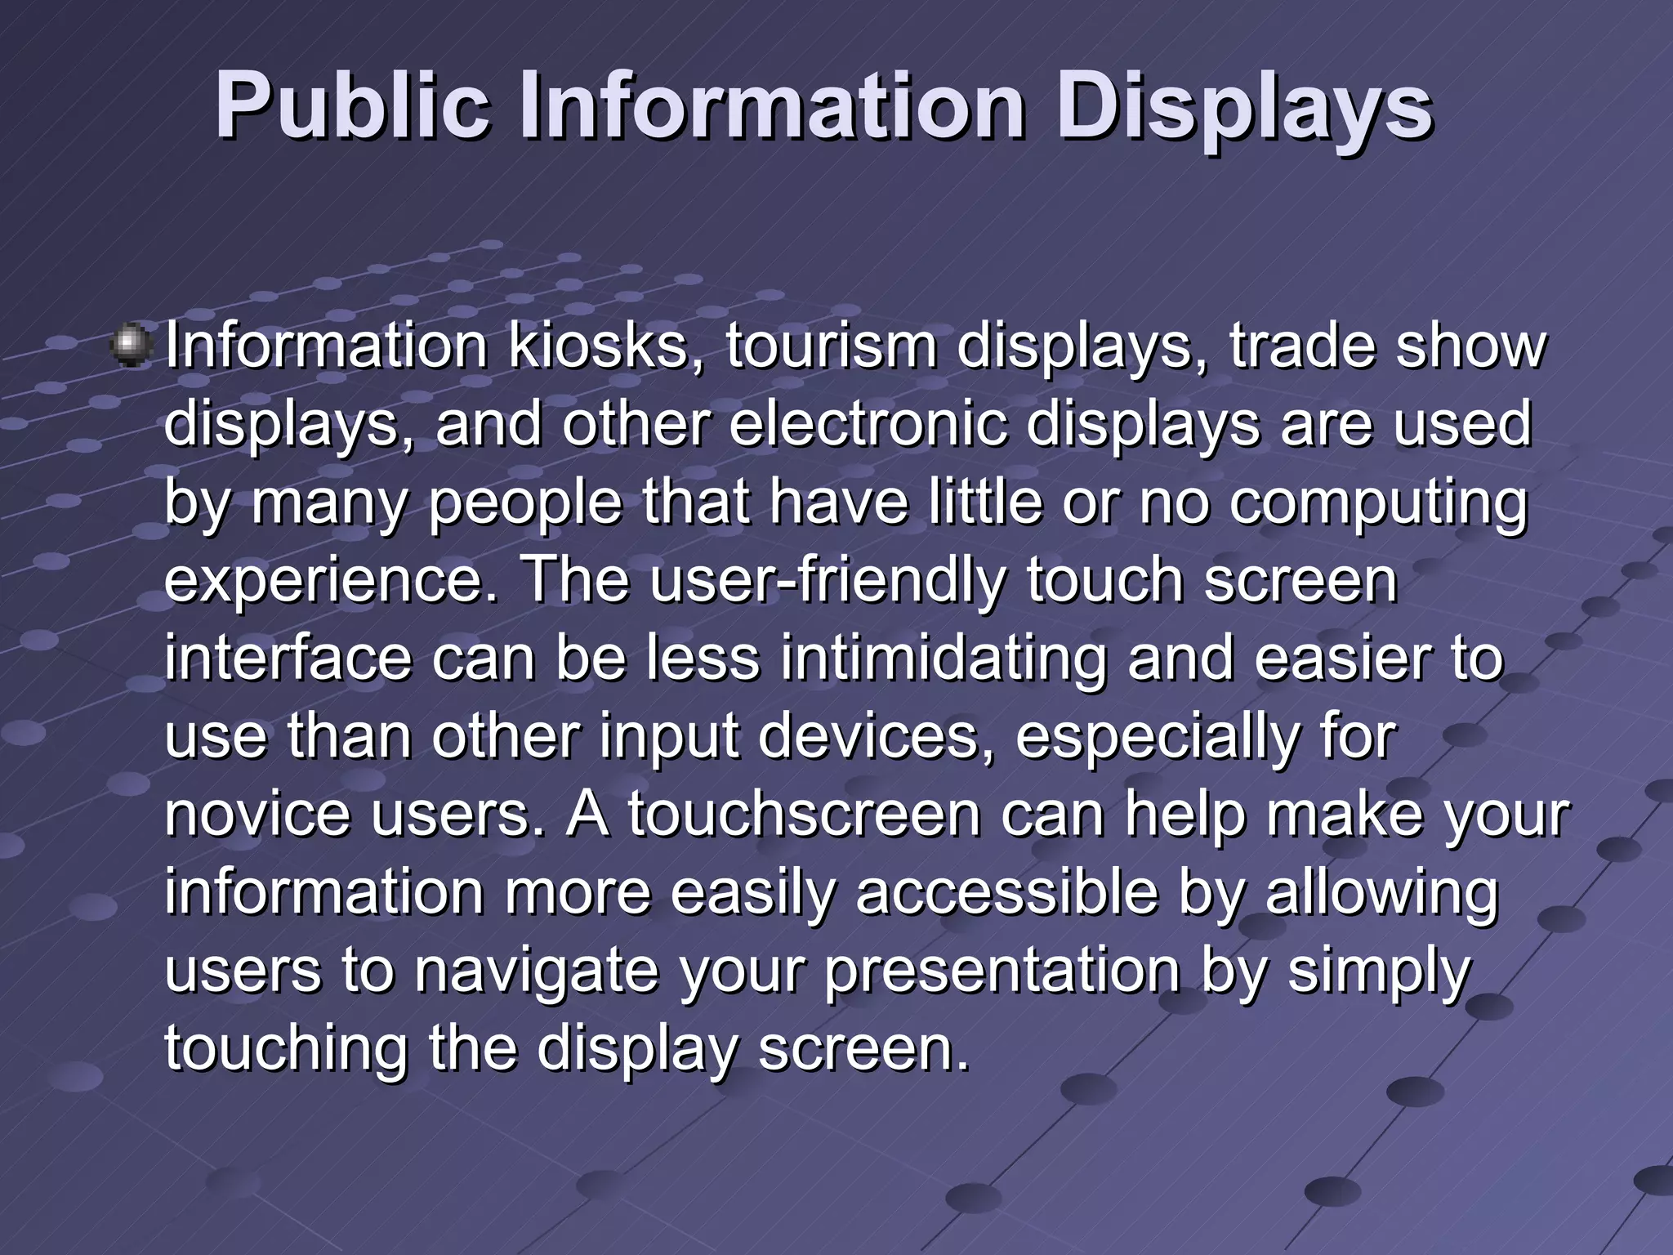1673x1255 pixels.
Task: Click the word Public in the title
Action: pyautogui.click(x=352, y=106)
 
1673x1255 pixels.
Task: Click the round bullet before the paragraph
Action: pyautogui.click(x=130, y=345)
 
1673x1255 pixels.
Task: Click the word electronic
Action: pyautogui.click(x=868, y=424)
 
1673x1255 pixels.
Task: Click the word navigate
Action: pyautogui.click(x=536, y=971)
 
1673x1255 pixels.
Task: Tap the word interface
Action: pyautogui.click(x=288, y=659)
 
